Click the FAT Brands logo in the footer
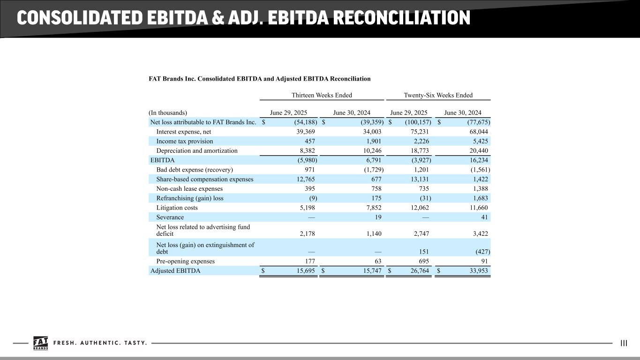pyautogui.click(x=41, y=343)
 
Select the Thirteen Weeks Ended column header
pyautogui.click(x=322, y=95)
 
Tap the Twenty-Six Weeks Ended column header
pyautogui.click(x=438, y=95)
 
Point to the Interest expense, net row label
pyautogui.click(x=183, y=132)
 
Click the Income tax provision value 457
pyautogui.click(x=310, y=141)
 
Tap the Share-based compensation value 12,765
pyautogui.click(x=306, y=179)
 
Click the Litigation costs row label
pyautogui.click(x=177, y=208)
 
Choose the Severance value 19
pyautogui.click(x=378, y=217)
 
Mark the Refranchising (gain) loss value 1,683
pyautogui.click(x=481, y=198)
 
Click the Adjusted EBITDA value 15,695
pyautogui.click(x=306, y=270)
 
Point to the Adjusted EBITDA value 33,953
pyautogui.click(x=479, y=270)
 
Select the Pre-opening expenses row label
pyautogui.click(x=185, y=261)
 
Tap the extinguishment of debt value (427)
pyautogui.click(x=483, y=252)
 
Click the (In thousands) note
pyautogui.click(x=168, y=112)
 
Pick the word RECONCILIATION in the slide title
pyautogui.click(x=401, y=18)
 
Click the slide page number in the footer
pyautogui.click(x=624, y=343)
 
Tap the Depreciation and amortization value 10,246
pyautogui.click(x=372, y=150)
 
